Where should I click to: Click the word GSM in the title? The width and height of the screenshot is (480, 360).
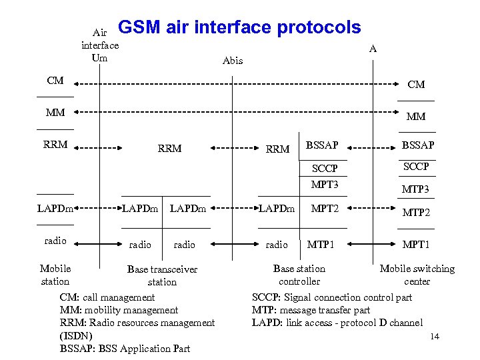coord(138,27)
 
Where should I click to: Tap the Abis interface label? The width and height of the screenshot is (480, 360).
coord(233,61)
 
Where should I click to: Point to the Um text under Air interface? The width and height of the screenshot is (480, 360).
coord(100,57)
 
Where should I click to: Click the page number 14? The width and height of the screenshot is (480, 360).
coord(435,336)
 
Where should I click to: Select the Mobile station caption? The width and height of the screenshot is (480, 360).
coord(55,275)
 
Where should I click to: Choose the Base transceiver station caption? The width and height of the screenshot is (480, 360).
coord(162,275)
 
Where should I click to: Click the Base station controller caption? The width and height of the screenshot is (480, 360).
coord(299,275)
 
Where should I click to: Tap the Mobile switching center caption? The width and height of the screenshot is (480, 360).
coord(417,275)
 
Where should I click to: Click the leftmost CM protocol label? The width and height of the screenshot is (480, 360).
coord(55,81)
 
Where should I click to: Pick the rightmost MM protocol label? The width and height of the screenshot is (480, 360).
coord(416,117)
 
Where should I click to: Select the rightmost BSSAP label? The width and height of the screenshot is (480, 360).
coord(417,145)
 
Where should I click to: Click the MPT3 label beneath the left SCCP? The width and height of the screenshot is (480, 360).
coord(325,184)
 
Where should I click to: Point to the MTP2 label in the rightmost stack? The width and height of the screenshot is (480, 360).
coord(416,213)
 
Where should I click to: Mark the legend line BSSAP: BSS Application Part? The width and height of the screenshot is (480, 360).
coord(125,348)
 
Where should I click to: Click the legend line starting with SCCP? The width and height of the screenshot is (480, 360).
coord(331,297)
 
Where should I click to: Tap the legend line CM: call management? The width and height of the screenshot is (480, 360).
coord(107,297)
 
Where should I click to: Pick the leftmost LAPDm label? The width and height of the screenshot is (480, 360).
coord(55,209)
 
